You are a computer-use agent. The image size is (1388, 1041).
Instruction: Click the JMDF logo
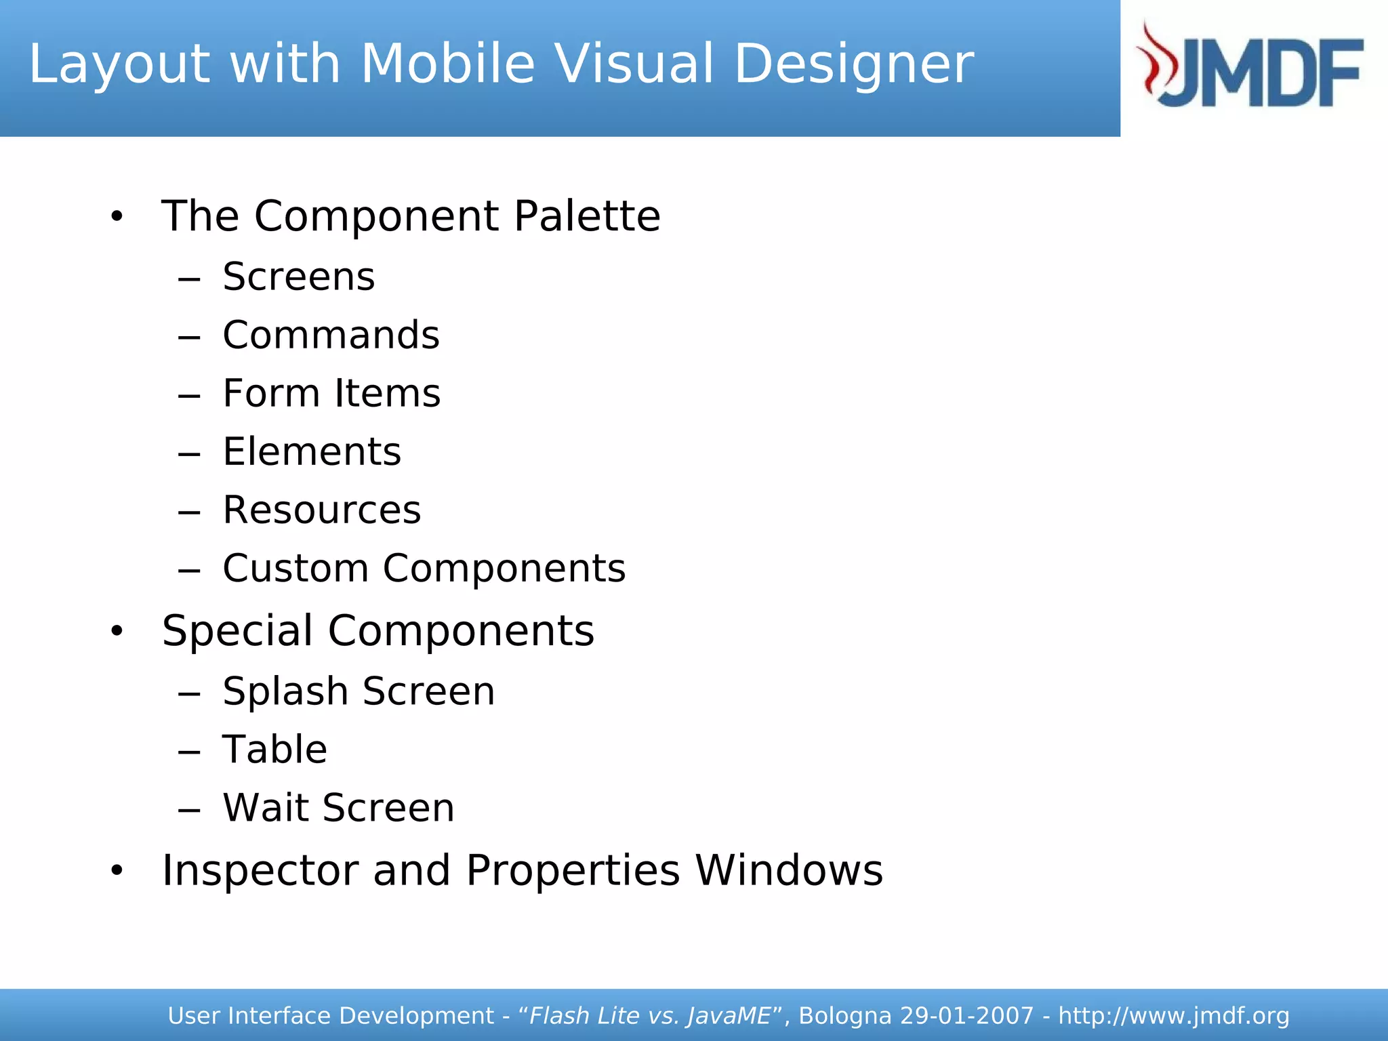click(1250, 66)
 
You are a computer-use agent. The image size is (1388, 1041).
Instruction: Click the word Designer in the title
click(854, 64)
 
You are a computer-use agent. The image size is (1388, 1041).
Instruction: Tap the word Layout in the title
click(119, 64)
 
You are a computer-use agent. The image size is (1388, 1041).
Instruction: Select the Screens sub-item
click(298, 277)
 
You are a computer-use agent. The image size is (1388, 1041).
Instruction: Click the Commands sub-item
click(331, 335)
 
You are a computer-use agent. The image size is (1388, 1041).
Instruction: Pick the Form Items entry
click(331, 393)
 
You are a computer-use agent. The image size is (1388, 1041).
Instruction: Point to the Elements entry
click(312, 451)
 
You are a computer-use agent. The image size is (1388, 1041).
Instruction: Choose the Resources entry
click(321, 510)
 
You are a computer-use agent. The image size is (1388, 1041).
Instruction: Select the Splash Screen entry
click(359, 691)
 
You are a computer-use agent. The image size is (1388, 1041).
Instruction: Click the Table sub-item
click(274, 750)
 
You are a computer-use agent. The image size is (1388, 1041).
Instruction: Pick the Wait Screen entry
click(338, 808)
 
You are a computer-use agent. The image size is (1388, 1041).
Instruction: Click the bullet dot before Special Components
click(117, 631)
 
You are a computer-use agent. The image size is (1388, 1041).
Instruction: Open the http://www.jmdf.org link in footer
click(1174, 1016)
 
